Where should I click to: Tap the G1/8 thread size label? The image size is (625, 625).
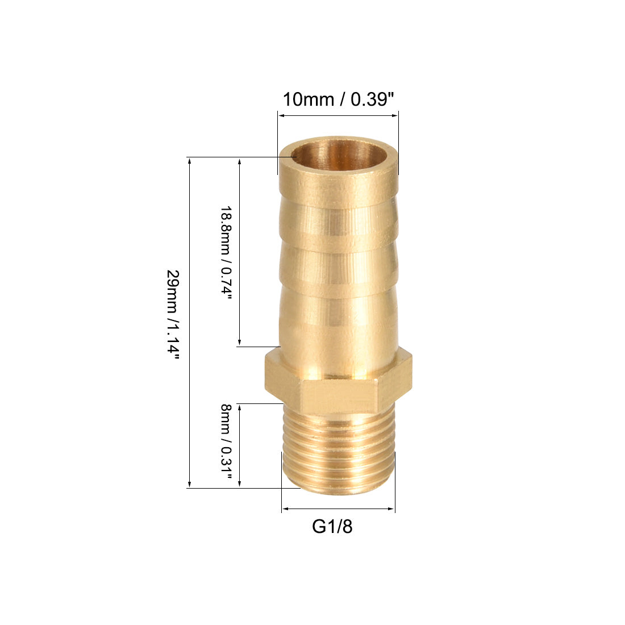tap(332, 527)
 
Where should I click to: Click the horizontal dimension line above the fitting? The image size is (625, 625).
tap(338, 116)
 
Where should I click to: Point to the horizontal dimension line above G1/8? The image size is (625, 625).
tap(338, 509)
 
